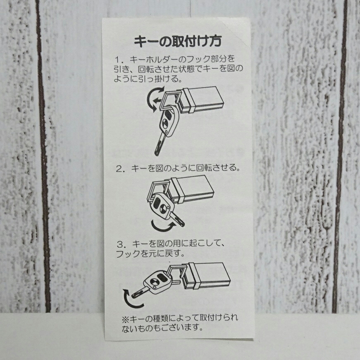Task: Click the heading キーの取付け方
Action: click(x=177, y=41)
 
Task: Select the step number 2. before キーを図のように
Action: click(x=120, y=169)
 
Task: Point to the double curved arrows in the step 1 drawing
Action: click(x=155, y=99)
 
